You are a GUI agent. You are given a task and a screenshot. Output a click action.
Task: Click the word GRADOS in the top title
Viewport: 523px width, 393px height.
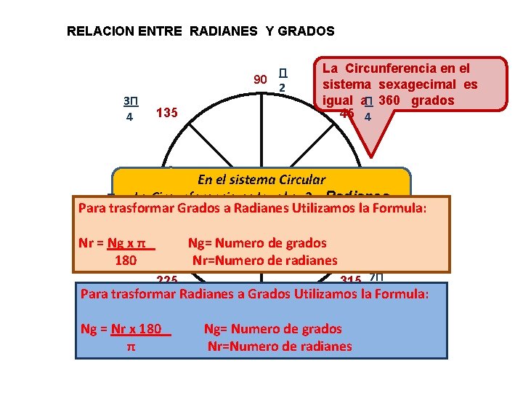click(x=306, y=31)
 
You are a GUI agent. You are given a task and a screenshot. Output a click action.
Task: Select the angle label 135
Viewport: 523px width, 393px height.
click(x=168, y=113)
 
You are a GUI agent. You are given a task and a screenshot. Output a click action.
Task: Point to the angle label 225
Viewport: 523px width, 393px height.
click(x=168, y=279)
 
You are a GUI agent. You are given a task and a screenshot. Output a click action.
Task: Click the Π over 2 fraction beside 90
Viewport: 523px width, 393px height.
click(x=283, y=80)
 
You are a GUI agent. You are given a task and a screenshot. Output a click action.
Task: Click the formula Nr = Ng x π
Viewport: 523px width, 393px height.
click(x=117, y=243)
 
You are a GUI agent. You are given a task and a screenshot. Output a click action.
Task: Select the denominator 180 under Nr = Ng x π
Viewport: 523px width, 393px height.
click(x=126, y=259)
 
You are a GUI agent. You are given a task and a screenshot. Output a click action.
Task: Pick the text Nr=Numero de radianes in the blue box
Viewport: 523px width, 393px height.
click(x=280, y=346)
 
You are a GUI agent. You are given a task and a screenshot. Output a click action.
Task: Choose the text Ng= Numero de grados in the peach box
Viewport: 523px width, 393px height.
click(x=257, y=243)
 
